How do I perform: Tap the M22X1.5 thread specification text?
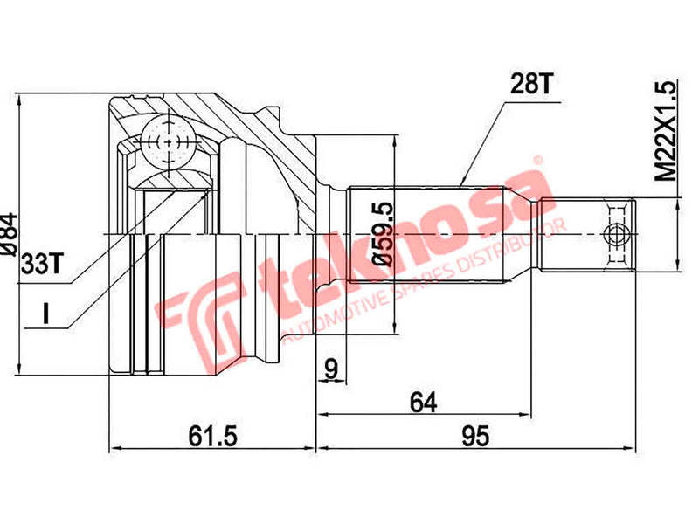667,131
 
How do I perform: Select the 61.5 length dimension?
211,434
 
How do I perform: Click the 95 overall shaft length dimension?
474,434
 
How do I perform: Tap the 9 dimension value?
330,369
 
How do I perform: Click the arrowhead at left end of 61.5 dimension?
112,449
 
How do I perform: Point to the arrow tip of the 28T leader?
460,185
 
